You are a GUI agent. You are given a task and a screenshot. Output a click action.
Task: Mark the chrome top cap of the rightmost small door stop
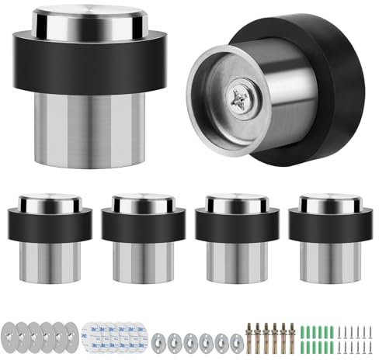point(324,202)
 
